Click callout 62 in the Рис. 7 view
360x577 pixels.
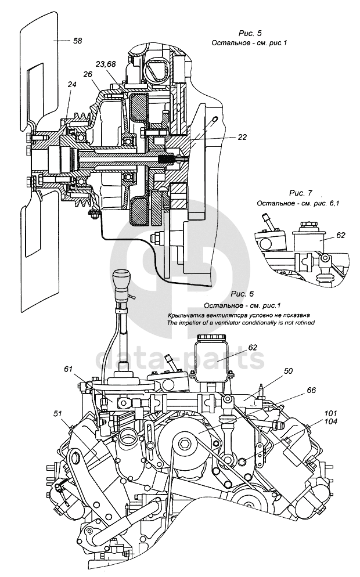pyautogui.click(x=341, y=235)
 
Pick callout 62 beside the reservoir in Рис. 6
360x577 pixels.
pyautogui.click(x=251, y=347)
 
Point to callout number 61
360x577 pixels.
pyautogui.click(x=69, y=368)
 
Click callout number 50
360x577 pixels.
pyautogui.click(x=288, y=370)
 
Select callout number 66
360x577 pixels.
pyautogui.click(x=311, y=390)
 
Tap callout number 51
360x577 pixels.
pyautogui.click(x=58, y=413)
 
